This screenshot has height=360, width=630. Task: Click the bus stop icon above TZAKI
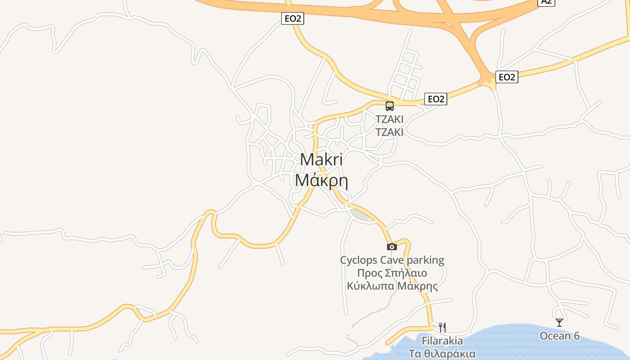click(x=390, y=106)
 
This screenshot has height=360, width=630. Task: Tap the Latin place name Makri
click(x=321, y=160)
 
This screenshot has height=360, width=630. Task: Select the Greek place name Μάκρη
click(x=321, y=180)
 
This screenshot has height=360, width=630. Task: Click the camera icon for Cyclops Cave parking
click(x=392, y=247)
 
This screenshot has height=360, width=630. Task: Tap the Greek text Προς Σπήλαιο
click(x=392, y=273)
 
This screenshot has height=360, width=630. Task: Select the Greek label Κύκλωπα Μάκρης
click(x=392, y=286)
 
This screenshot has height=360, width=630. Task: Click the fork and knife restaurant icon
click(x=443, y=327)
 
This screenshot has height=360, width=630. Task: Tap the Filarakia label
click(x=442, y=341)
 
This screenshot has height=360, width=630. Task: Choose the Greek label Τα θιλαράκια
click(x=442, y=353)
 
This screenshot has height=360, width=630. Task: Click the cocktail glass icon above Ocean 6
click(x=559, y=323)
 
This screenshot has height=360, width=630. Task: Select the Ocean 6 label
click(x=559, y=336)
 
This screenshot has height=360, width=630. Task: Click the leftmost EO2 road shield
click(x=292, y=18)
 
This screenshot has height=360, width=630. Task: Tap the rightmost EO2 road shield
click(x=507, y=77)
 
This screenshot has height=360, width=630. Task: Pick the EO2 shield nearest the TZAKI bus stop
click(x=436, y=99)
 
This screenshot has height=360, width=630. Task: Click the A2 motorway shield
click(x=546, y=2)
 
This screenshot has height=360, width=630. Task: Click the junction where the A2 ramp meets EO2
click(x=487, y=82)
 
